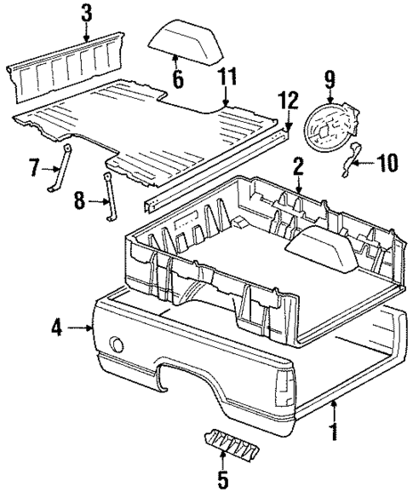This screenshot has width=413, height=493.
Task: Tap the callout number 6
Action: pyautogui.click(x=177, y=78)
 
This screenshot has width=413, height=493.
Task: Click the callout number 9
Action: pyautogui.click(x=330, y=82)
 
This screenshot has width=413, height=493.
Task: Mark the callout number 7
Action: pyautogui.click(x=34, y=166)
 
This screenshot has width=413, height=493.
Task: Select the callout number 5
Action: pyautogui.click(x=222, y=480)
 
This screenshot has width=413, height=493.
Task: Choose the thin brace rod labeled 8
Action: pyautogui.click(x=108, y=198)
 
